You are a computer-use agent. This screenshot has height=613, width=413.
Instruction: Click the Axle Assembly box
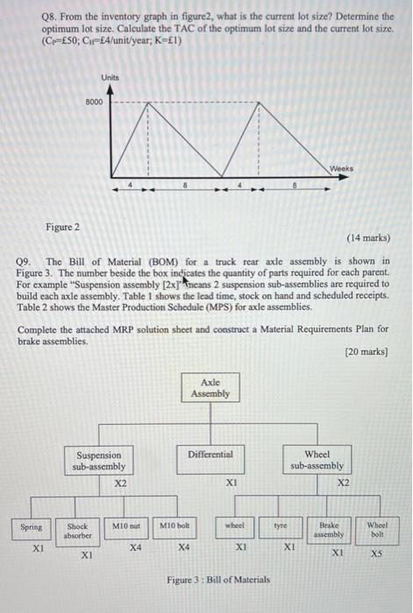tap(210, 387)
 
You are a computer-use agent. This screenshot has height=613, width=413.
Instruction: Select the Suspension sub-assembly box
tap(99, 461)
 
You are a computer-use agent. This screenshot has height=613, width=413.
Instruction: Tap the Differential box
tap(210, 455)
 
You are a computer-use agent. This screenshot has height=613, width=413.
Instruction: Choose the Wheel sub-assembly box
tap(317, 460)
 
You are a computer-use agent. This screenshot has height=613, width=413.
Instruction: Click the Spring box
tap(32, 527)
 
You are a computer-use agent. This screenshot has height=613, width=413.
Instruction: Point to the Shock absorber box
tap(78, 531)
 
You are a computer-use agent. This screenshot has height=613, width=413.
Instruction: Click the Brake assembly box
tap(331, 531)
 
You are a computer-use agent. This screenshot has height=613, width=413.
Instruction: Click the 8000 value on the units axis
tap(94, 102)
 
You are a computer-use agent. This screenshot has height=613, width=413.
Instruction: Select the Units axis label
tap(110, 77)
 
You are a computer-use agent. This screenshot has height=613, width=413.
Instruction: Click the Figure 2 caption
tap(62, 227)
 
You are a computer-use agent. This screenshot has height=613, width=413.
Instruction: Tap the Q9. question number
tap(27, 261)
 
